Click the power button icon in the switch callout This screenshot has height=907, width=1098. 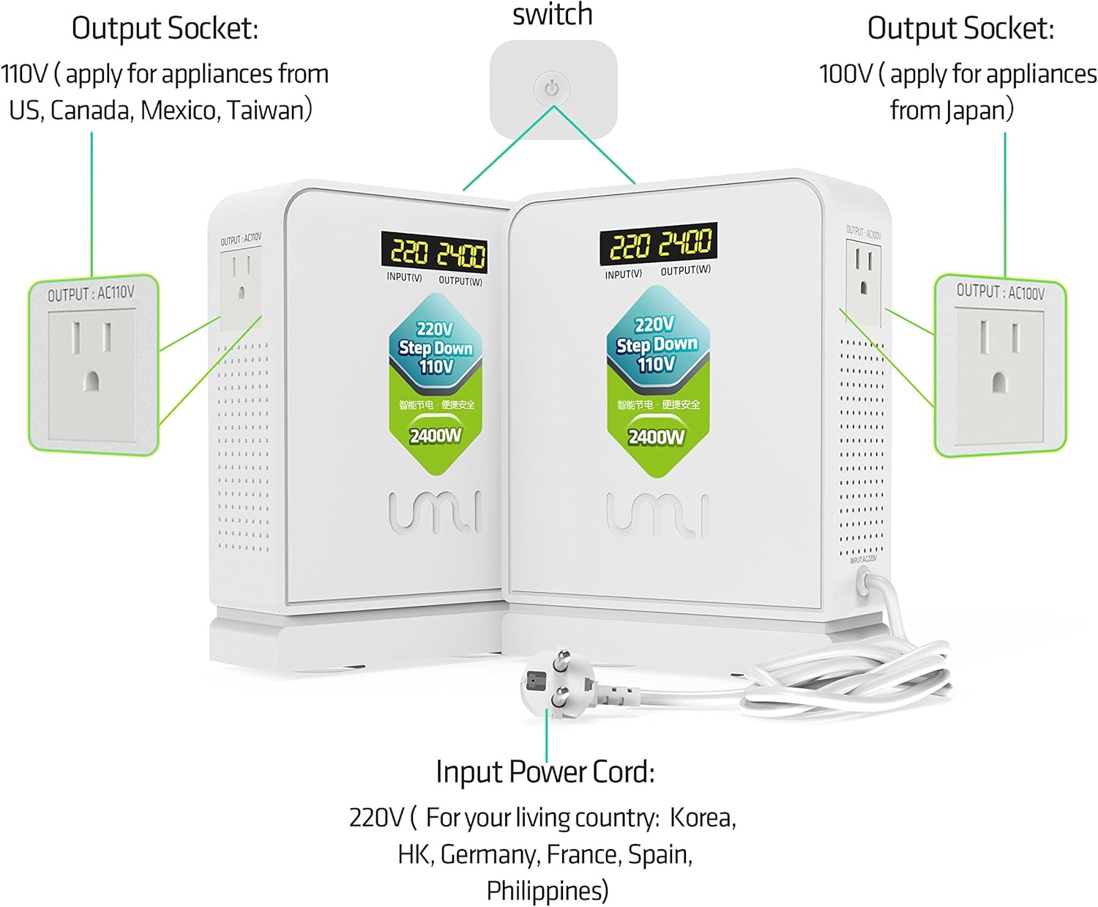(x=552, y=89)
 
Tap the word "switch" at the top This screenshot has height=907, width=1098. (x=552, y=15)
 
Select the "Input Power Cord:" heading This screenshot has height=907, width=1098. (x=545, y=772)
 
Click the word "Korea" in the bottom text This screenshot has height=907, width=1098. (x=702, y=817)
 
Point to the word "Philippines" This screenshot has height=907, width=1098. (x=547, y=891)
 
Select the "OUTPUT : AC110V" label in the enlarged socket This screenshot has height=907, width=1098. (x=91, y=294)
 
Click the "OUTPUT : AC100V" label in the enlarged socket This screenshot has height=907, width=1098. (x=1000, y=292)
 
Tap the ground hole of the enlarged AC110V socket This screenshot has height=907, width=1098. (x=91, y=381)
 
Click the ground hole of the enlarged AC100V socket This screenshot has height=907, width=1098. (x=999, y=382)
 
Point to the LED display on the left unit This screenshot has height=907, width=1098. (x=433, y=253)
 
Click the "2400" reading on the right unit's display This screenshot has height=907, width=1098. (x=685, y=243)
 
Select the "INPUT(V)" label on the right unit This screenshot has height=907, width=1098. (x=623, y=274)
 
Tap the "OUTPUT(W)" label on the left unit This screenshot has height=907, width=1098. (x=460, y=281)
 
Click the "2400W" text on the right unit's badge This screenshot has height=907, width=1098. (x=657, y=437)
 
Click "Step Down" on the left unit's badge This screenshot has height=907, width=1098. (x=436, y=348)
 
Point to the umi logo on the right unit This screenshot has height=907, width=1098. (x=657, y=514)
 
